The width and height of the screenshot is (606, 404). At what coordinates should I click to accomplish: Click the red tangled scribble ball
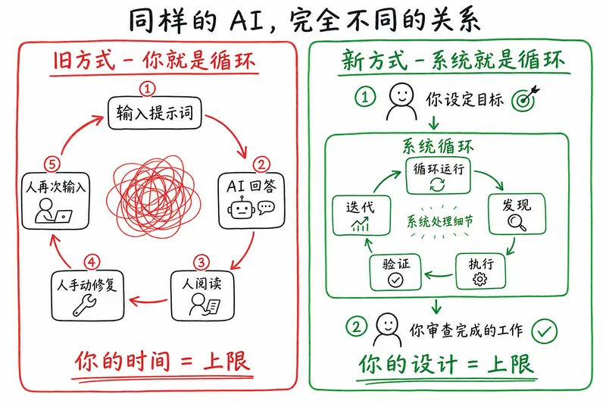tap(154, 197)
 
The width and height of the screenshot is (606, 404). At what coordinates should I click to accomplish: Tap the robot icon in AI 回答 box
tap(242, 208)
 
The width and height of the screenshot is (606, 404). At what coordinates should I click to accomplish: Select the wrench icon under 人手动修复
tap(85, 305)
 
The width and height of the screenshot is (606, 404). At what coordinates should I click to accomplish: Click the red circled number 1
tap(147, 89)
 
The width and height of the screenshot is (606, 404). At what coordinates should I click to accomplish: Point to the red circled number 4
tap(92, 263)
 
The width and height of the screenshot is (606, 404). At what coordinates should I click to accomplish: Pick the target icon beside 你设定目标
tap(525, 99)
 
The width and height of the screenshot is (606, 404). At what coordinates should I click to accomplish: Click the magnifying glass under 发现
tap(517, 222)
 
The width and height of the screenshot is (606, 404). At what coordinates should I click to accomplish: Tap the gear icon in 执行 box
tap(480, 279)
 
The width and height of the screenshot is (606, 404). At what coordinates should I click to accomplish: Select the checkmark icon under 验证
tap(395, 280)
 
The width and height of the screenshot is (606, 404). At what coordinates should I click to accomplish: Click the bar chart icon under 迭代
tap(361, 224)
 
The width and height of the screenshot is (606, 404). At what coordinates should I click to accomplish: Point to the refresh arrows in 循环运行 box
tap(438, 184)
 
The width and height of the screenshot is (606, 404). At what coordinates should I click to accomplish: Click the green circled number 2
tap(356, 327)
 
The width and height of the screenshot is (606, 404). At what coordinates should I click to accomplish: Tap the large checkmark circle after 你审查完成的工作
tap(544, 331)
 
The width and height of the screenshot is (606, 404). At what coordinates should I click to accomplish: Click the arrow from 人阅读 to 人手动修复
tap(148, 301)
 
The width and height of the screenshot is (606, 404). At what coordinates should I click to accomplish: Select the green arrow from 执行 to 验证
tap(439, 275)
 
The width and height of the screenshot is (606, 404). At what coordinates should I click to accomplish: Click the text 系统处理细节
tap(439, 221)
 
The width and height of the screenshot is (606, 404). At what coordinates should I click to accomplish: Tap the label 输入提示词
tap(155, 113)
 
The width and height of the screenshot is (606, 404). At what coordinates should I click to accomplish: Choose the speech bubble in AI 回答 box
tap(267, 208)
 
